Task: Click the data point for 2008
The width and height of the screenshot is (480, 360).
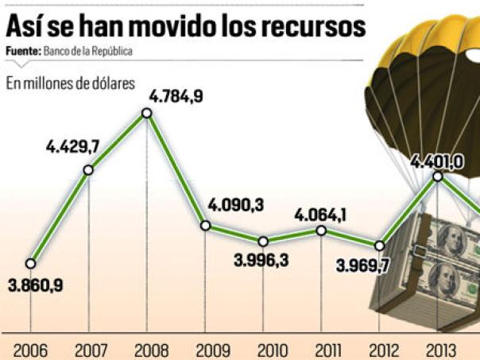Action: [x=147, y=113]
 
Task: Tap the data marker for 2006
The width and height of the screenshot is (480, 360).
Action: [x=30, y=262]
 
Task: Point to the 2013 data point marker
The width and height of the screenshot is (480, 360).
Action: [x=438, y=177]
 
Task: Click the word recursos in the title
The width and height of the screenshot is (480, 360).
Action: [x=315, y=25]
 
